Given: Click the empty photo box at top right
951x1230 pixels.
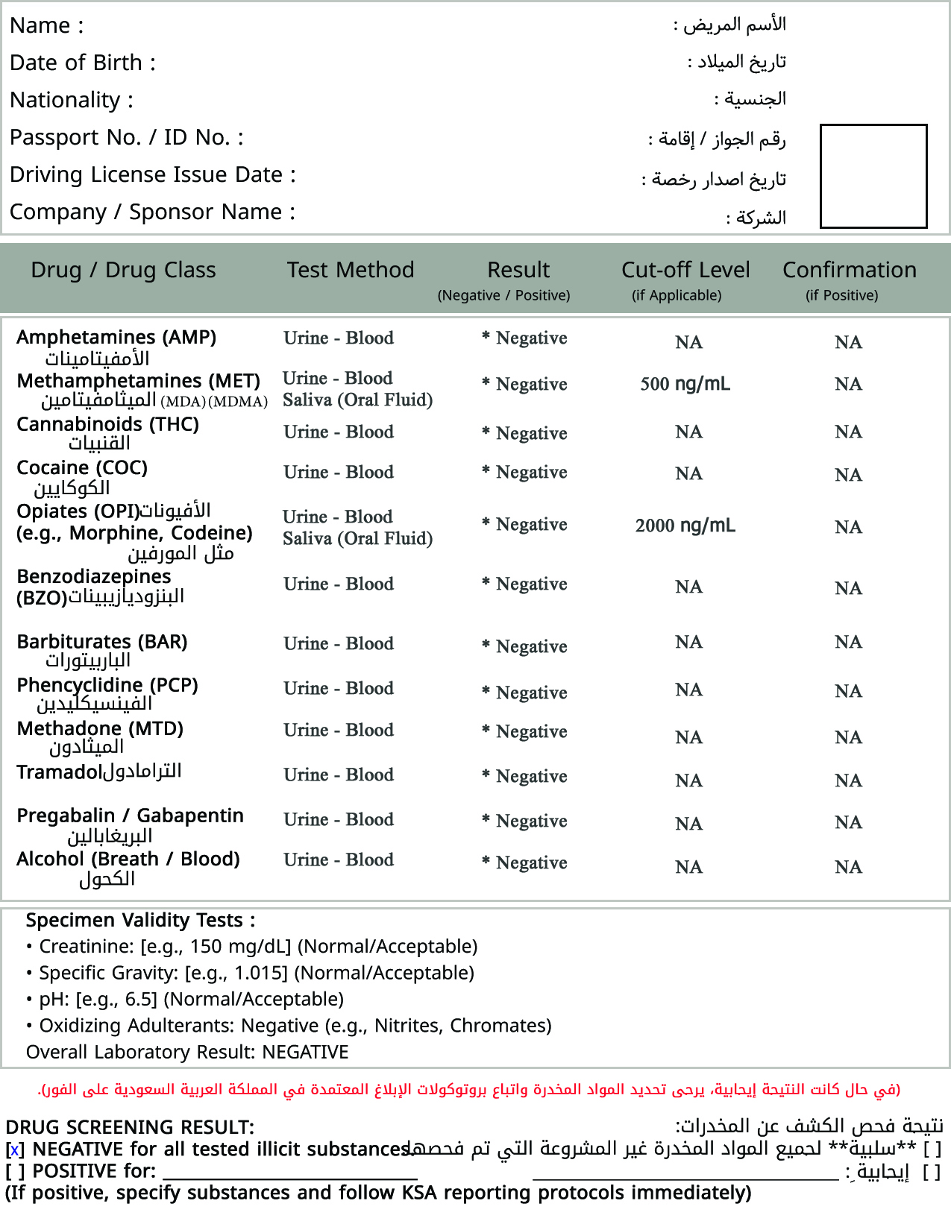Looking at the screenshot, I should point(873,176).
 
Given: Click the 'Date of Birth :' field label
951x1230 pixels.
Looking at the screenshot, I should point(83,63).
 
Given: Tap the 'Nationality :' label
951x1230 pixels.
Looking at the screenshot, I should point(72,100).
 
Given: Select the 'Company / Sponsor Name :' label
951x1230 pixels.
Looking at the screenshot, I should point(152,212).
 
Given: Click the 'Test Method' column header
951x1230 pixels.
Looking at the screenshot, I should point(351,270).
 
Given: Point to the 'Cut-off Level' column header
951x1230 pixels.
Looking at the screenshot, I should point(685,270).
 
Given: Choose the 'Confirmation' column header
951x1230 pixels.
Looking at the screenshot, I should point(849,270).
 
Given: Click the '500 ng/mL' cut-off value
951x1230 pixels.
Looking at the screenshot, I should point(685,384).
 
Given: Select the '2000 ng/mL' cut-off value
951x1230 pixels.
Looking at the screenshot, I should point(685,526).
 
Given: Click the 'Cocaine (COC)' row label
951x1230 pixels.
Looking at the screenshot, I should point(82,467).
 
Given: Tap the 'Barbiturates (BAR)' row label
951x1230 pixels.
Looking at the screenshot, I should point(102,642).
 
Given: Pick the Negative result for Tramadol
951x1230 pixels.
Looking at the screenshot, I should point(531,776).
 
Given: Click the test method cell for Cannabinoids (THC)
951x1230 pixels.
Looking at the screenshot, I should point(339,432).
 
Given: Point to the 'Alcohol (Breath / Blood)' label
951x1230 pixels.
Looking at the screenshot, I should point(128,859).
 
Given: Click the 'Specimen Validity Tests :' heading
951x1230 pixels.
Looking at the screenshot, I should point(140,920).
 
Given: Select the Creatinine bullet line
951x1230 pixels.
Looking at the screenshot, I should point(257,946).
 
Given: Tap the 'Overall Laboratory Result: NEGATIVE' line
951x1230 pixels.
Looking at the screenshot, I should point(187,1052).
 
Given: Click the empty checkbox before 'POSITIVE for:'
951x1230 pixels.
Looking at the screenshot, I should point(15,1172).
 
